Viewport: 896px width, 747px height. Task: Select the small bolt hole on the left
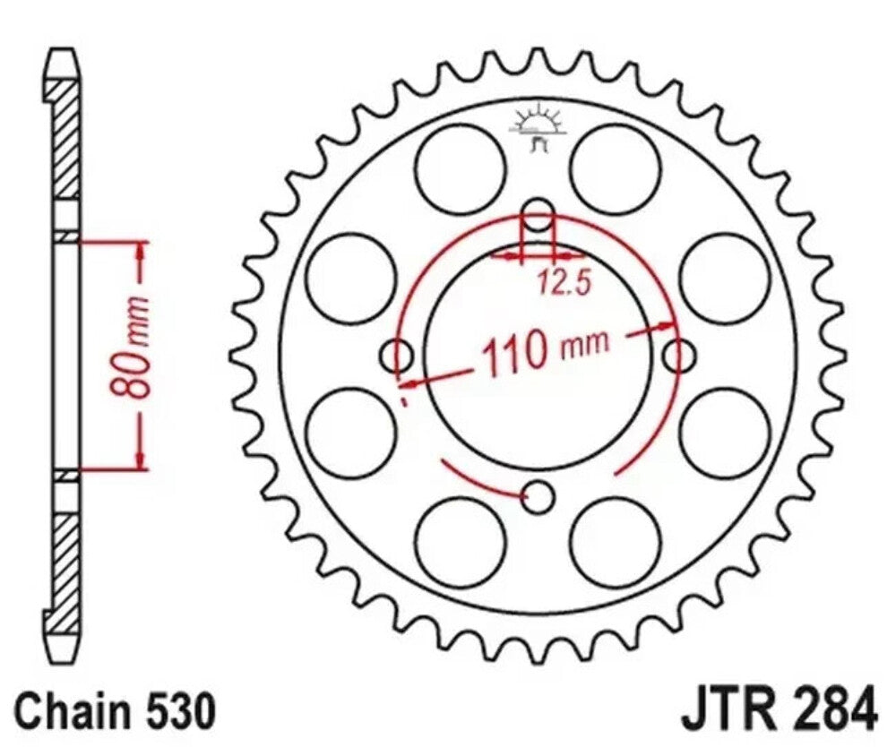click(397, 356)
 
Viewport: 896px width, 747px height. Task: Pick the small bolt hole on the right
click(680, 356)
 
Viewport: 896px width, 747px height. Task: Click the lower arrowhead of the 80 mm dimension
click(140, 459)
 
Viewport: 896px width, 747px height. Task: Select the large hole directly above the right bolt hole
click(726, 279)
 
